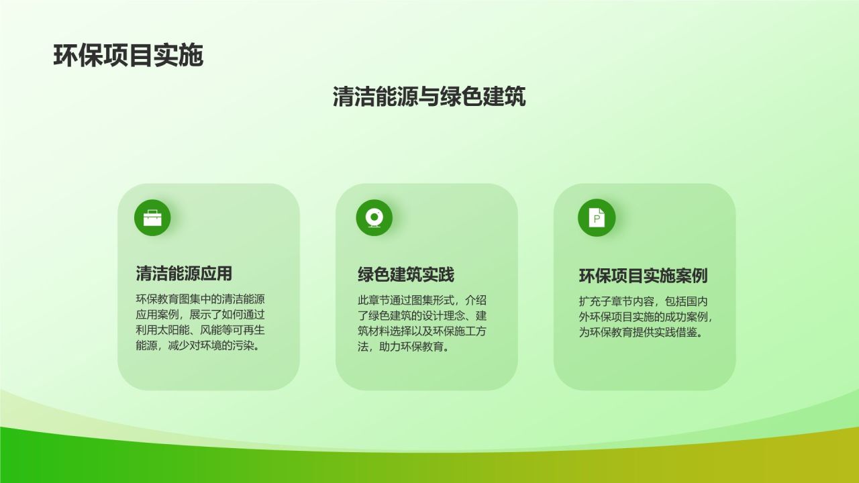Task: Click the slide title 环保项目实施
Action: (x=128, y=56)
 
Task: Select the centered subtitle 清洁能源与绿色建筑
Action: (x=429, y=96)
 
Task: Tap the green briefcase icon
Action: (x=152, y=218)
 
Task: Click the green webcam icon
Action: (x=374, y=218)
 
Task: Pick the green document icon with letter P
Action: (x=597, y=218)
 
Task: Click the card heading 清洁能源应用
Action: (x=184, y=274)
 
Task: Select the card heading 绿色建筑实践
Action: (x=406, y=275)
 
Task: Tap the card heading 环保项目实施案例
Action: (x=643, y=276)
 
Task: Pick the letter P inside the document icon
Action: (x=597, y=219)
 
